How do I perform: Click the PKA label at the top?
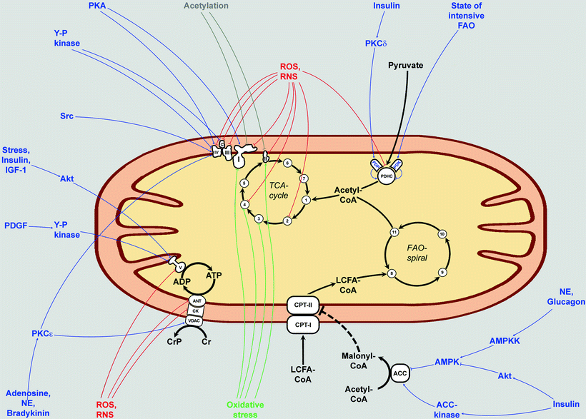101,6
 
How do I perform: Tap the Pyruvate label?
406,66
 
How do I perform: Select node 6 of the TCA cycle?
286,163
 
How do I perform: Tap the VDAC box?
194,320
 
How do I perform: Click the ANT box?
194,301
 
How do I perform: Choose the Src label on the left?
69,115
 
